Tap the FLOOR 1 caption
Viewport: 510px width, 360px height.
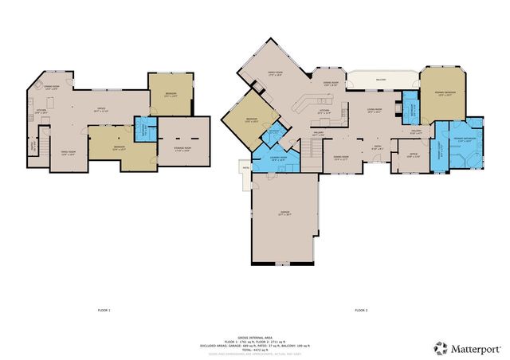tap(104, 309)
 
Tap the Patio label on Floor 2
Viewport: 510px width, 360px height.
tap(245, 167)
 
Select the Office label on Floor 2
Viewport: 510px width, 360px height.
tap(413, 155)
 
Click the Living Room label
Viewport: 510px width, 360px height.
tap(375, 111)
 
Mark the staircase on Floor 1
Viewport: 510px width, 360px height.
tap(33, 147)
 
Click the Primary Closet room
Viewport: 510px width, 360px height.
tap(439, 149)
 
